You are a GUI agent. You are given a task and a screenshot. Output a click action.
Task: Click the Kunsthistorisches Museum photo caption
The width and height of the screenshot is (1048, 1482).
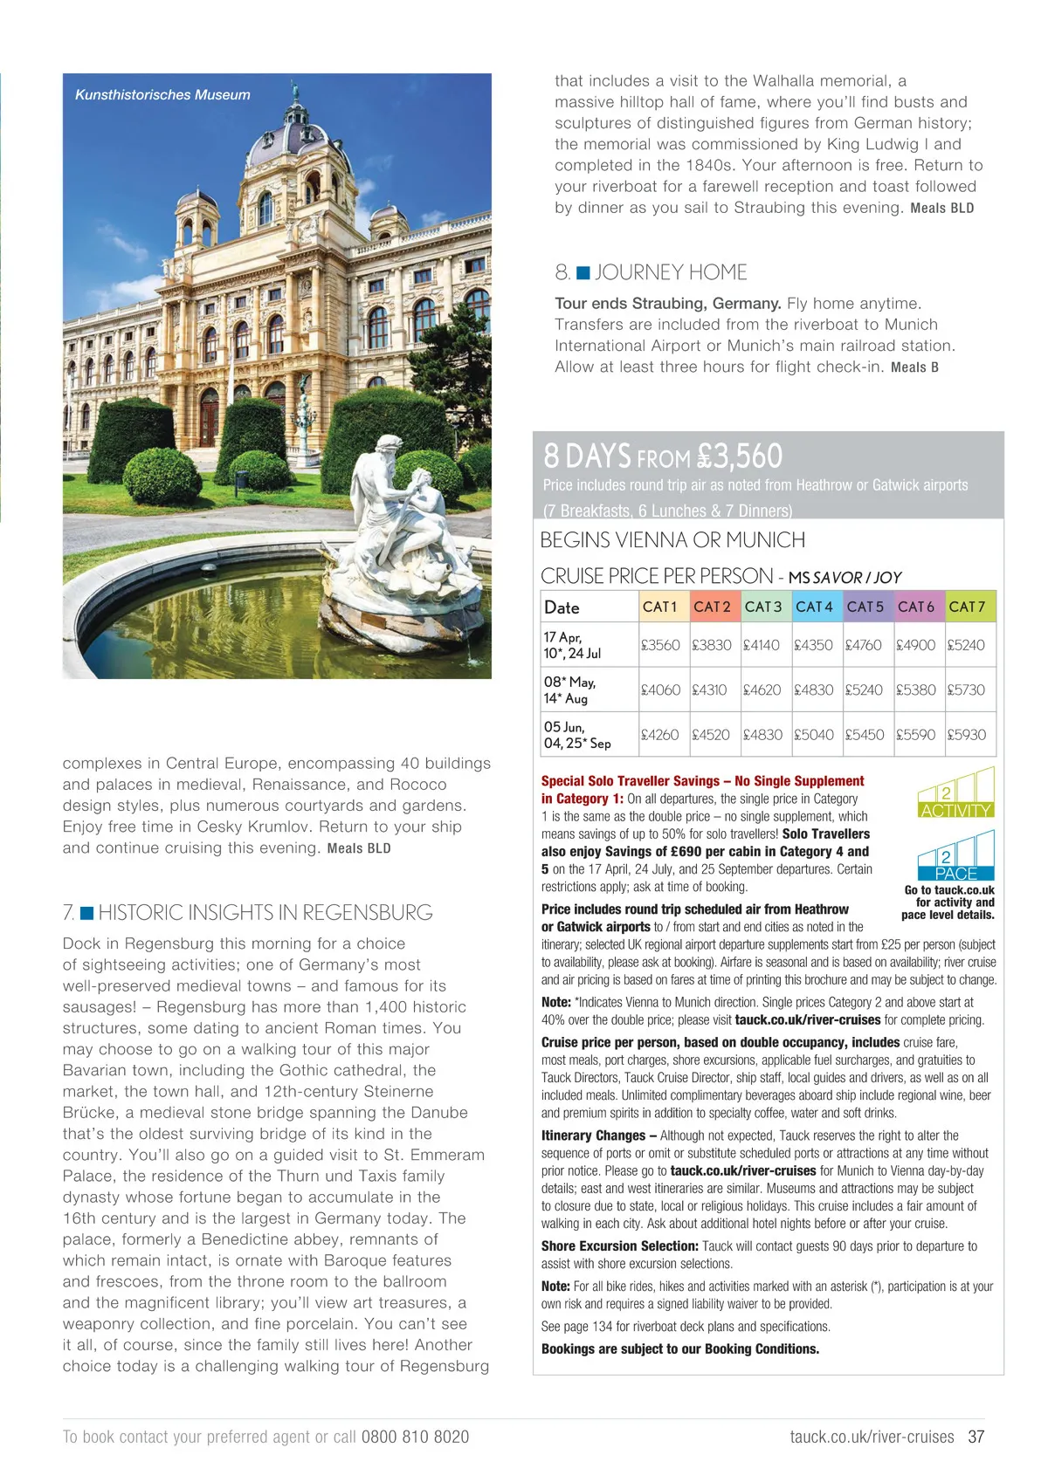[162, 95]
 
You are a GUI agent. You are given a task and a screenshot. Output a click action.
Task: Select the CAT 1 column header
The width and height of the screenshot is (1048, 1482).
[660, 607]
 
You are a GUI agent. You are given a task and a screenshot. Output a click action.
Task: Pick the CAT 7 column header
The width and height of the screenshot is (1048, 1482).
[967, 607]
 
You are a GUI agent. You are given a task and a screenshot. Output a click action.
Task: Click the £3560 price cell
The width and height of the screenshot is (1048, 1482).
[660, 645]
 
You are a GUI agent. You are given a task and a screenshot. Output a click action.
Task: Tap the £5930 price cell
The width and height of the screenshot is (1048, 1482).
[967, 735]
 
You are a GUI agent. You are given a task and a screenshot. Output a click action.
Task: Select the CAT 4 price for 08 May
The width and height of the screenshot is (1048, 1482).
[813, 690]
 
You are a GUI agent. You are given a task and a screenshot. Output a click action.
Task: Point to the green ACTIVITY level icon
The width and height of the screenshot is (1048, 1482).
[956, 793]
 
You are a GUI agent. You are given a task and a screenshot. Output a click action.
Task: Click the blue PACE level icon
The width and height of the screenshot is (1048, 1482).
[956, 856]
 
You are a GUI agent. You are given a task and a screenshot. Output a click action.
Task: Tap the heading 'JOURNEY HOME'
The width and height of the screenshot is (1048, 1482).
[671, 272]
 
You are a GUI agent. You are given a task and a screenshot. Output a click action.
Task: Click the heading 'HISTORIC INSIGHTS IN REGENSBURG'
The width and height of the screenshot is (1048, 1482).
[265, 913]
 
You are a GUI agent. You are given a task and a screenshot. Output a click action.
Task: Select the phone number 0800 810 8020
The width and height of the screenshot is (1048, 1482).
[415, 1437]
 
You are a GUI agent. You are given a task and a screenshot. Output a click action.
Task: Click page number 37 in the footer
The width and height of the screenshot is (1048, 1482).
[976, 1437]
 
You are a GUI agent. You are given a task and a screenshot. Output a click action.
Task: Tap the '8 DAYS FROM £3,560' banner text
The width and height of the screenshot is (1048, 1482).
[663, 456]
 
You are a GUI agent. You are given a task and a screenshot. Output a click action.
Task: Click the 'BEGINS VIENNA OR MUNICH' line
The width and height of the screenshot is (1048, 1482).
[672, 540]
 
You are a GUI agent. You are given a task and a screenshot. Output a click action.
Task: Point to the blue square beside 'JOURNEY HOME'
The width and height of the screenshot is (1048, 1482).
[583, 273]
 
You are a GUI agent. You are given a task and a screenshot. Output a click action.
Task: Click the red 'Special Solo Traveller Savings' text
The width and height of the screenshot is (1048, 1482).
[702, 781]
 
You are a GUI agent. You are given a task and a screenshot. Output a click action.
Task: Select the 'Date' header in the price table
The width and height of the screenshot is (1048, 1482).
[562, 607]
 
